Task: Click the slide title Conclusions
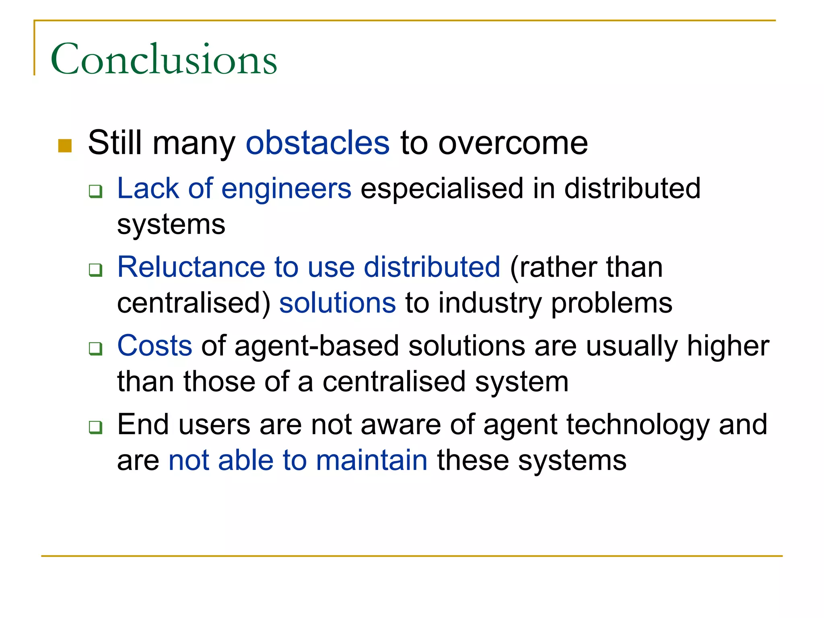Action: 164,60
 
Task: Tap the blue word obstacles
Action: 317,143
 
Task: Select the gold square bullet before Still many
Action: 65,146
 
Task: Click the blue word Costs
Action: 154,346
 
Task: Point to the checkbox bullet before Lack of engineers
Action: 96,191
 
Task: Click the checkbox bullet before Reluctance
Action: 96,270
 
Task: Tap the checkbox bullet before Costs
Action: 96,348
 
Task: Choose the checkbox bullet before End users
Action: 96,427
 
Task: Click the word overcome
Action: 513,143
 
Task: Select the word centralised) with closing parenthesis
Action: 194,303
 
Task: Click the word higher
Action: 728,346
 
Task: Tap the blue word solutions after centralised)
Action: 338,303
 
